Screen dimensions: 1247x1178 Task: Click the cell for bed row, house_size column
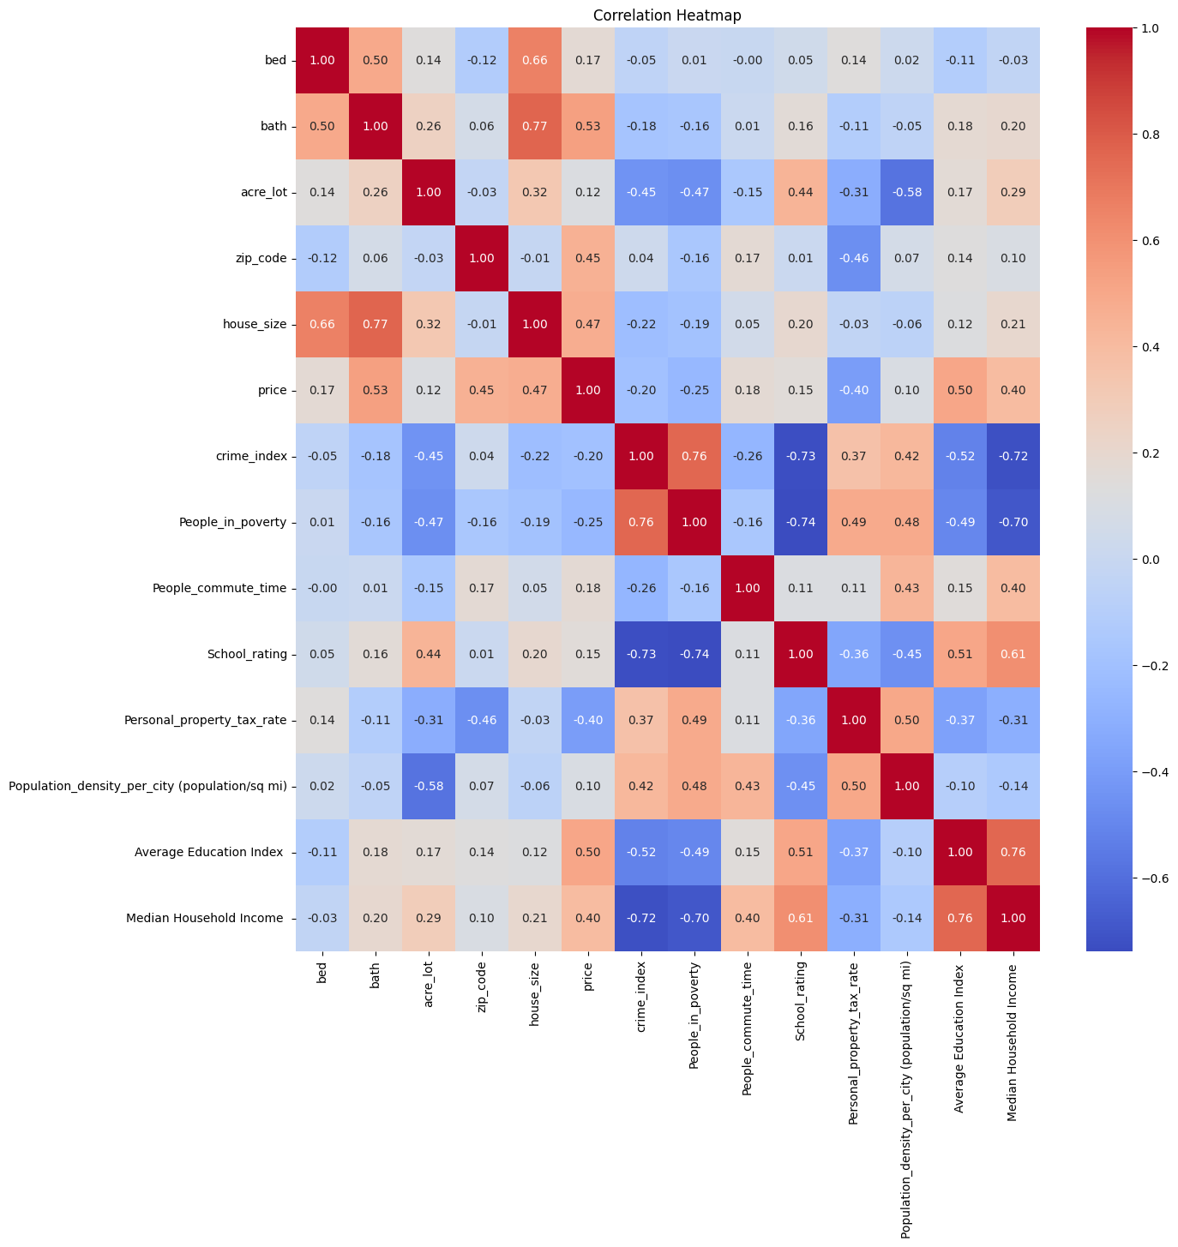click(535, 61)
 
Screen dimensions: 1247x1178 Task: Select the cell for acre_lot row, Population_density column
click(907, 193)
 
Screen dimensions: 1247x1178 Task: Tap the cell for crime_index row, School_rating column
click(801, 457)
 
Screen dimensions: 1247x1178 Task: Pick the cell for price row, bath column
click(376, 391)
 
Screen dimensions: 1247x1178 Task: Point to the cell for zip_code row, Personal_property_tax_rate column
click(854, 259)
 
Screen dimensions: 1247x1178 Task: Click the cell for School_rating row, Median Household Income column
click(1013, 655)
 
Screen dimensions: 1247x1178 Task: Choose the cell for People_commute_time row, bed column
click(322, 589)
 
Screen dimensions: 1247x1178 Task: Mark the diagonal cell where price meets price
click(588, 391)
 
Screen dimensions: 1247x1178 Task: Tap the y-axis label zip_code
click(261, 259)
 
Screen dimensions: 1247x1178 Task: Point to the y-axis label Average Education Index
click(210, 853)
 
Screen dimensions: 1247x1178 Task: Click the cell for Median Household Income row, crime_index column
click(641, 919)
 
